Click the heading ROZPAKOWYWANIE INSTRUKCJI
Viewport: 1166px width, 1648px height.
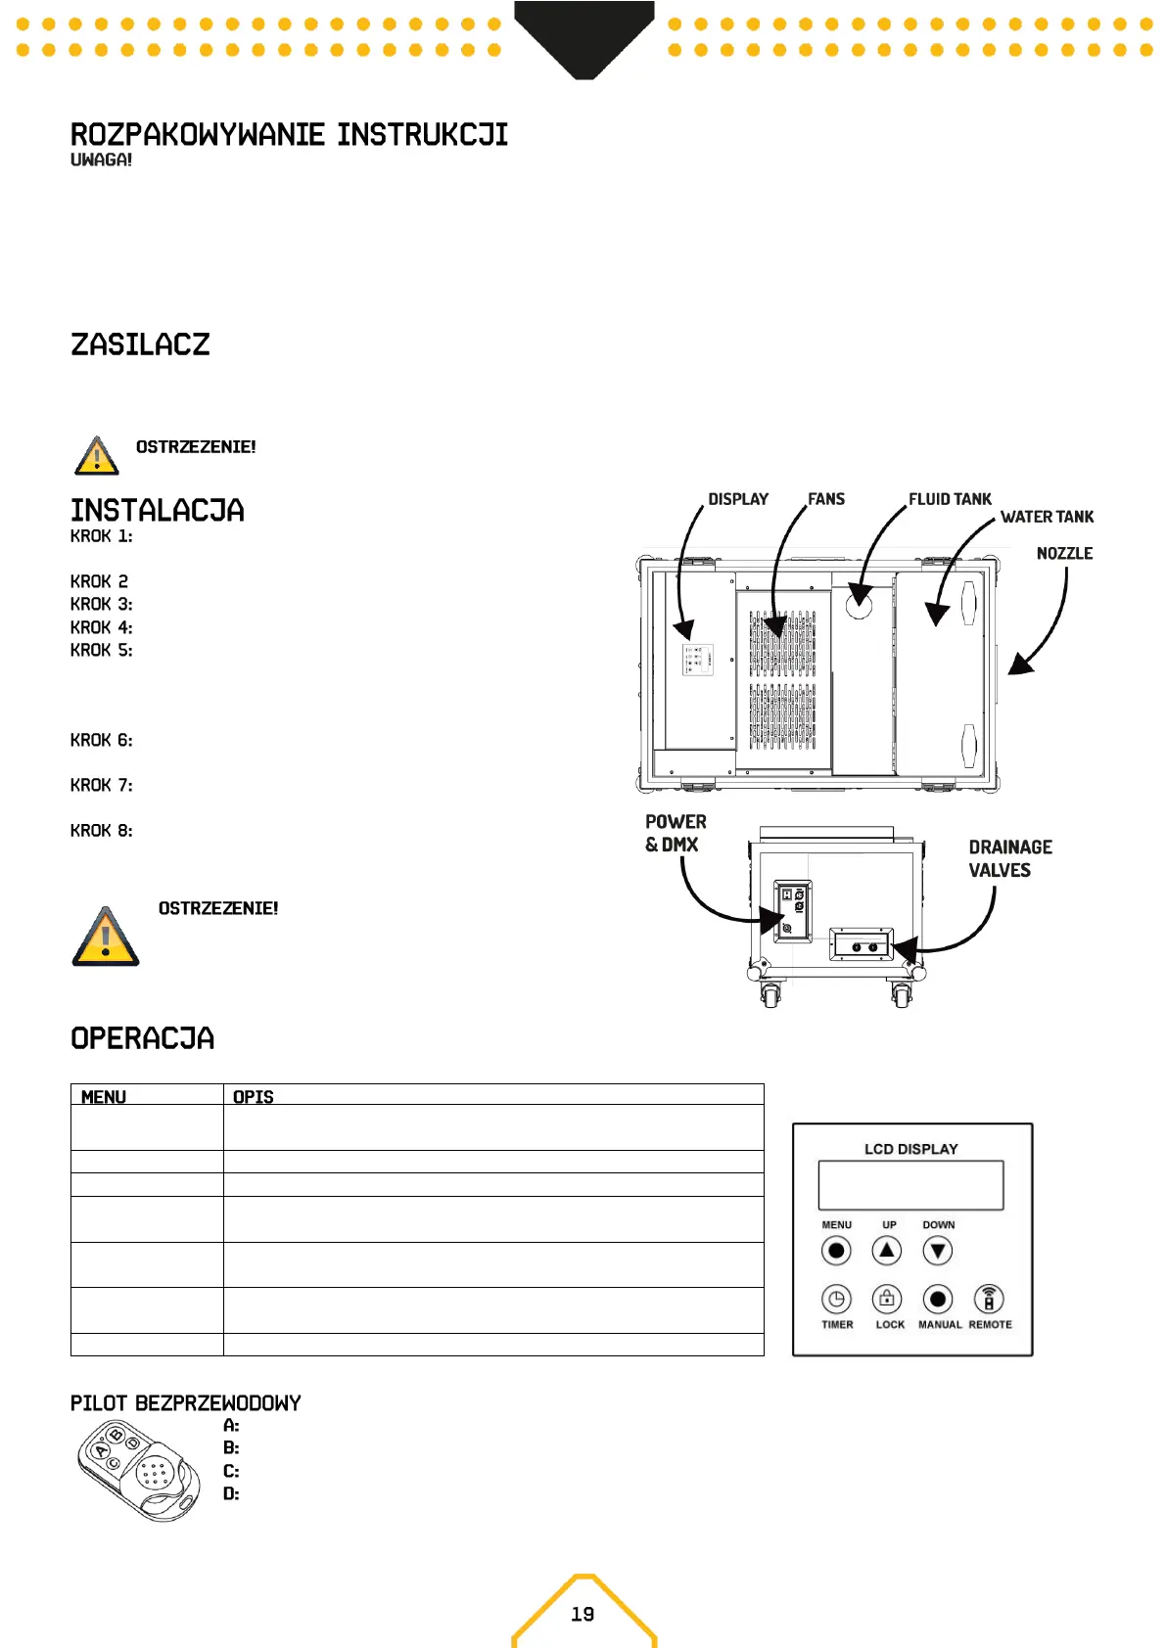(289, 134)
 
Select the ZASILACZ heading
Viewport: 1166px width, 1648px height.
(140, 344)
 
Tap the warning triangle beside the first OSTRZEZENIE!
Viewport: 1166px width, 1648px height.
(96, 456)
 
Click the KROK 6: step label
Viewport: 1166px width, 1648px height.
(101, 741)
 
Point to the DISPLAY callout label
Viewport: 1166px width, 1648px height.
(738, 499)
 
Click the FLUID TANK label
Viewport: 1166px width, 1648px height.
(950, 499)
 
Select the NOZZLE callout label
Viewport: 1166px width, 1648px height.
(1064, 554)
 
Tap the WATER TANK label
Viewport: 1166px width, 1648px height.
(1047, 517)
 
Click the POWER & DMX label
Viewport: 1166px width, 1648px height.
(675, 833)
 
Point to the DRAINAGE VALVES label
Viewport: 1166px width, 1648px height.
(1009, 858)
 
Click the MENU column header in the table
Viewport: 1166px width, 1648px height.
(104, 1097)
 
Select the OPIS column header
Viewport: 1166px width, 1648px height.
(254, 1097)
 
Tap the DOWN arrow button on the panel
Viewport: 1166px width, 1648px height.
(938, 1251)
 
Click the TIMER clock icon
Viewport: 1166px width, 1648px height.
(836, 1300)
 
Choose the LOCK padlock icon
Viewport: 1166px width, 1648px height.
(887, 1300)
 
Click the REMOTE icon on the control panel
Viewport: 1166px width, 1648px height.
(989, 1300)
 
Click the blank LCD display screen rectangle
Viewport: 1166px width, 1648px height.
(910, 1185)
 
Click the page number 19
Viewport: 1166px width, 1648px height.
(583, 1614)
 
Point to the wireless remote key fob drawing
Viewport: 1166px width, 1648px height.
(138, 1470)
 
